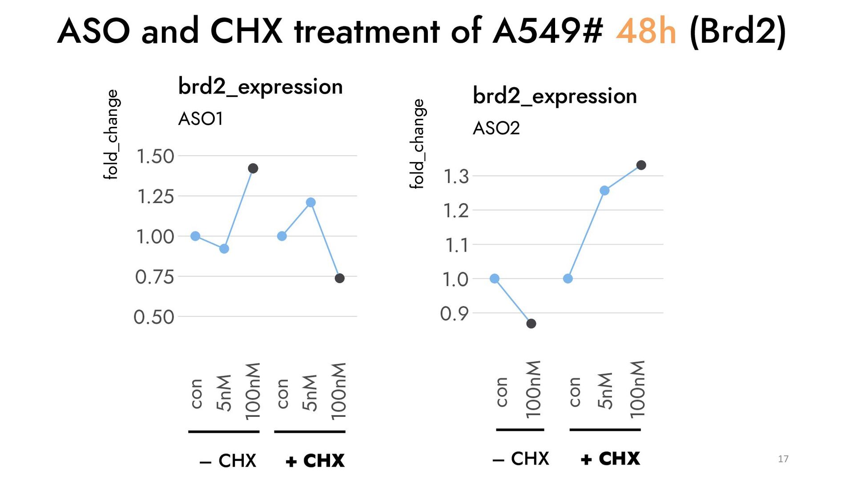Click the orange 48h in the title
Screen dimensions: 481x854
(x=646, y=31)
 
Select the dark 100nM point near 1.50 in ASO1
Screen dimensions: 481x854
(x=253, y=168)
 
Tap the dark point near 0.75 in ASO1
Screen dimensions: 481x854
(x=339, y=278)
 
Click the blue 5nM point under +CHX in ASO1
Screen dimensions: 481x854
(x=311, y=203)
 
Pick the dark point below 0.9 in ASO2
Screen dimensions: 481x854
(x=531, y=324)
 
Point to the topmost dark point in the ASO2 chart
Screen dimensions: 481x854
(x=641, y=165)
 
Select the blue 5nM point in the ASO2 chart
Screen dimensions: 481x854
(x=604, y=191)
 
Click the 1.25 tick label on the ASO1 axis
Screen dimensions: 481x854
(x=155, y=196)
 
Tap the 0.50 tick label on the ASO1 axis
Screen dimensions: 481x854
(x=154, y=317)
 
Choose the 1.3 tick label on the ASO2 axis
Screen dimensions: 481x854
(x=456, y=176)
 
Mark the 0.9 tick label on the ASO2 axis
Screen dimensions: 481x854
(x=455, y=314)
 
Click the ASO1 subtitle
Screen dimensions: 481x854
(x=201, y=119)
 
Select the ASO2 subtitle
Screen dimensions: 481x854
(x=496, y=128)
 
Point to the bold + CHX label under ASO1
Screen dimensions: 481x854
(x=315, y=461)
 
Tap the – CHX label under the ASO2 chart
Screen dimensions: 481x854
(x=521, y=459)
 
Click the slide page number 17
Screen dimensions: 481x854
(x=783, y=459)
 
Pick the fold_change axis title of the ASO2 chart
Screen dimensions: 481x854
(x=417, y=144)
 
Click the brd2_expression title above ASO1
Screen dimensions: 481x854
(x=260, y=86)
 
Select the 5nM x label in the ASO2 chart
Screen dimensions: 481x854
(x=605, y=391)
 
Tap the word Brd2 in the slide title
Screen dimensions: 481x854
(x=738, y=31)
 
